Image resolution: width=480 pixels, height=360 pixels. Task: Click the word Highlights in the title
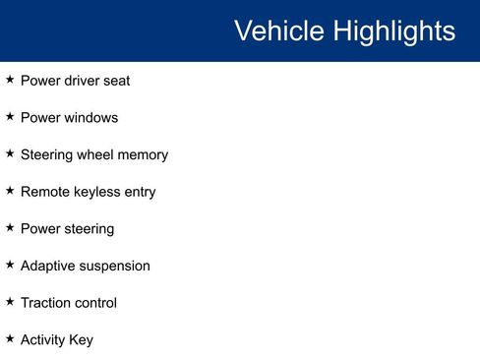pos(393,30)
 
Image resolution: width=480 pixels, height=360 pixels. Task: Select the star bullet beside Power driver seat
pos(10,80)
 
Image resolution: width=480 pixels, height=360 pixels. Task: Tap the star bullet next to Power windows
pos(10,117)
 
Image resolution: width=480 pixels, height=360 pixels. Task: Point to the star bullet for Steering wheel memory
pos(10,154)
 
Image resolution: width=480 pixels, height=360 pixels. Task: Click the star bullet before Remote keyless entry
pos(10,191)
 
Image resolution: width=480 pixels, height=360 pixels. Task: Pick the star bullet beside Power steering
pos(10,228)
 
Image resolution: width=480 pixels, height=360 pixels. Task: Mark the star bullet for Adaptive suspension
pos(10,266)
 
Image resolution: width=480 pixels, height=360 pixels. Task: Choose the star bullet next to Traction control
pos(10,302)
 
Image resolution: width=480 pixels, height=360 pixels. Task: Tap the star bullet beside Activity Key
pos(10,339)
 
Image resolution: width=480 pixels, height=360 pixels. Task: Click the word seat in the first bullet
pos(115,81)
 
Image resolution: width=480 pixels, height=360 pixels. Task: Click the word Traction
pos(44,303)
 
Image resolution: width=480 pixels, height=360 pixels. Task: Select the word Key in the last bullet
pos(81,340)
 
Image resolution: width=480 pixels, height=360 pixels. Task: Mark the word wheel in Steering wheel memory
pos(92,155)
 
